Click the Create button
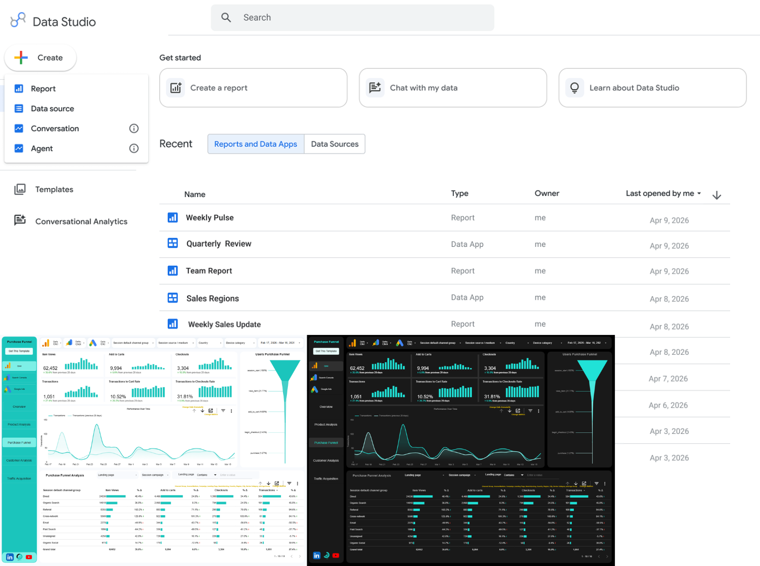point(40,58)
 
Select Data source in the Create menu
point(52,108)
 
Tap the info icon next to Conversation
point(134,128)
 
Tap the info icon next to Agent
point(134,148)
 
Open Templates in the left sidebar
point(54,189)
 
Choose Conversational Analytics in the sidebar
point(81,221)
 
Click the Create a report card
point(253,88)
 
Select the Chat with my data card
point(452,88)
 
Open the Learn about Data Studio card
point(652,88)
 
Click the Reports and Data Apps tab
point(256,144)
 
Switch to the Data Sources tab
point(334,144)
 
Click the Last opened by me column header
point(660,193)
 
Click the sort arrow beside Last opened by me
point(716,195)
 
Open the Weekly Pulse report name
point(210,217)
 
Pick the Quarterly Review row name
point(219,244)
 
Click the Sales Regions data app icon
point(172,298)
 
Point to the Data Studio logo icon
point(18,20)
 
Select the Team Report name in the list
point(209,271)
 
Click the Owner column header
point(547,193)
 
